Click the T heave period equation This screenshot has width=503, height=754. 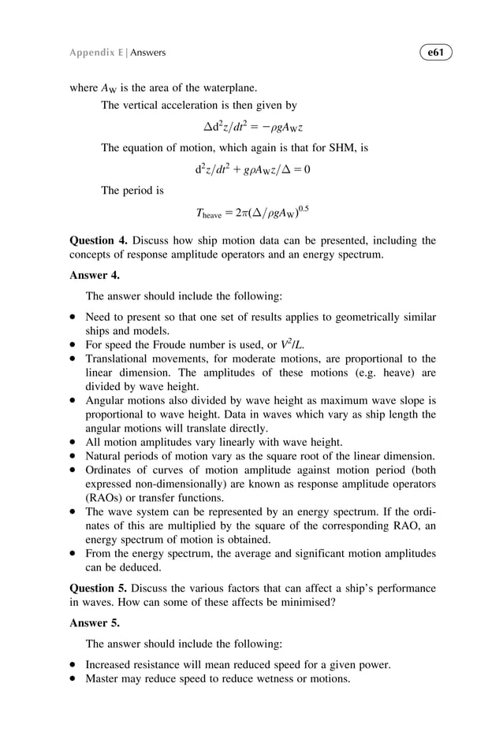[252, 211]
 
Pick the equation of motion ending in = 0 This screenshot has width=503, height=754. [252, 169]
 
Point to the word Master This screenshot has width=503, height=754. [104, 678]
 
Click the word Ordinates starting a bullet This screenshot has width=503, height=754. [111, 470]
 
